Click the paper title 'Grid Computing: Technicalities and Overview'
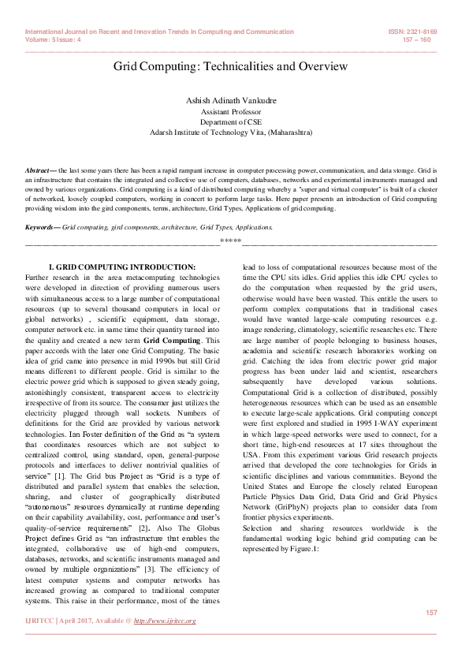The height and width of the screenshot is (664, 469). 231,67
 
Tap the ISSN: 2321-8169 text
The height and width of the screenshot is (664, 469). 414,32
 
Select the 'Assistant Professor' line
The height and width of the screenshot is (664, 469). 231,113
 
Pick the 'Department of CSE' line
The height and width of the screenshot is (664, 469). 231,122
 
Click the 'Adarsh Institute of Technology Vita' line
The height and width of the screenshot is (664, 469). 231,132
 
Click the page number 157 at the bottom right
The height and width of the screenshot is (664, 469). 431,613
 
